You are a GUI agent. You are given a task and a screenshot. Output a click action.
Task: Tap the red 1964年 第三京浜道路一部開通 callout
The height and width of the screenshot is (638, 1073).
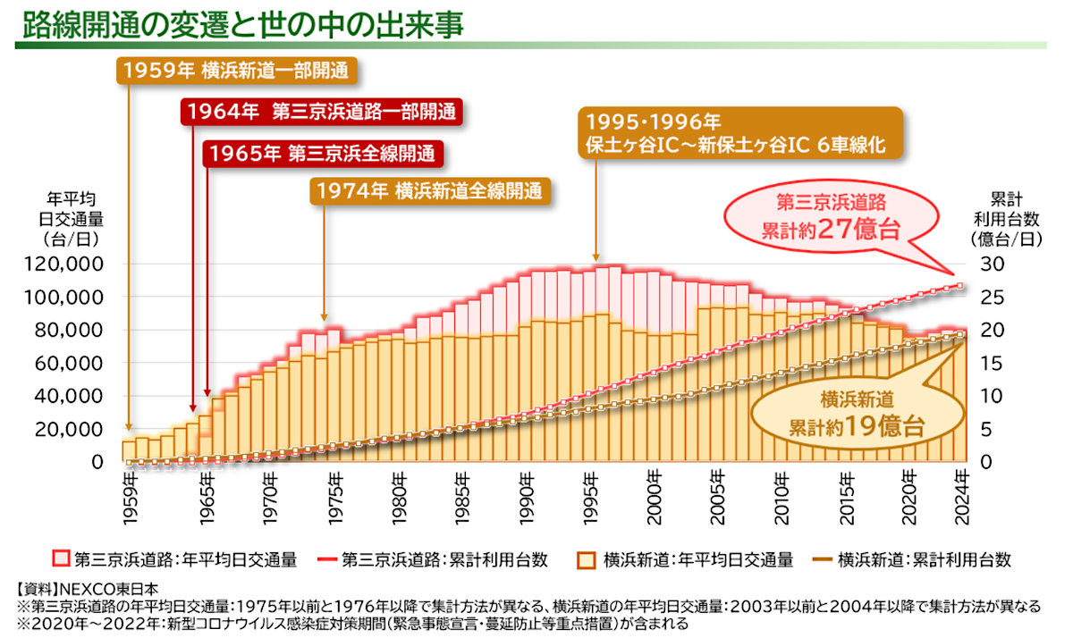click(x=323, y=112)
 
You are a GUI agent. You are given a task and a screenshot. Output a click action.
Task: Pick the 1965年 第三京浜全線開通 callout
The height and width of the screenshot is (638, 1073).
click(x=323, y=153)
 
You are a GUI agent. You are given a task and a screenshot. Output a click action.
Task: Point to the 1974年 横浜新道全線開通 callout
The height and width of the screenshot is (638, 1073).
click(x=429, y=190)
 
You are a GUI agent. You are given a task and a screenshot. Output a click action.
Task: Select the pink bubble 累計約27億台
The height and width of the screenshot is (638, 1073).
click(x=832, y=218)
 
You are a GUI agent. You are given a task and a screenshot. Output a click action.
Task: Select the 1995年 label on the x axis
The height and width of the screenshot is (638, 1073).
click(x=590, y=490)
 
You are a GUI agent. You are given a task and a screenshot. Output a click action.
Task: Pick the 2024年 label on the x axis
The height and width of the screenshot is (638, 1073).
click(x=962, y=490)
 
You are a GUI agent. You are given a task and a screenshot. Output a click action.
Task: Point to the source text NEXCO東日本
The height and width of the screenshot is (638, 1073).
click(x=107, y=589)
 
